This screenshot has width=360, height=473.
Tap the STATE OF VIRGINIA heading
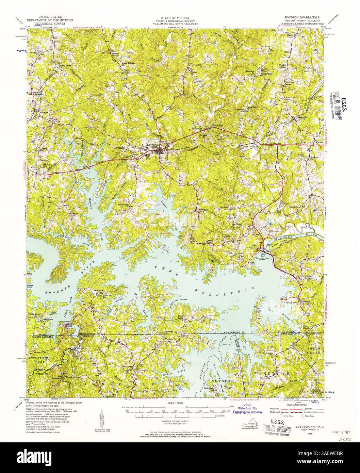click(x=176, y=16)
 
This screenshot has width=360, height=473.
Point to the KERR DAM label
click(x=263, y=254)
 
